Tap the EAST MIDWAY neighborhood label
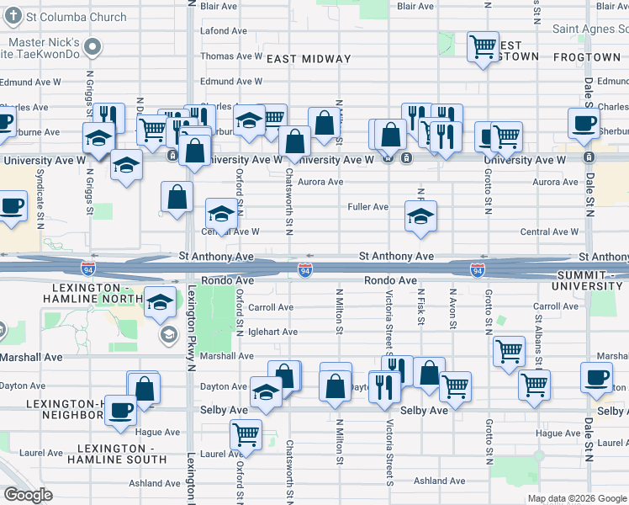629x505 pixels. pyautogui.click(x=308, y=59)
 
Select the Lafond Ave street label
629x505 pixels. pyautogui.click(x=224, y=31)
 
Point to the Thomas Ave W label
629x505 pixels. pyautogui.click(x=231, y=56)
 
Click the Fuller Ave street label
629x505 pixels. pyautogui.click(x=368, y=206)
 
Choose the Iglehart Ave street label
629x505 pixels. pyautogui.click(x=272, y=332)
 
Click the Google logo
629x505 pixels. pyautogui.click(x=29, y=496)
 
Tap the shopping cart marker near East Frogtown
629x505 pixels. pyautogui.click(x=483, y=46)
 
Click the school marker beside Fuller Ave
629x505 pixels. pyautogui.click(x=420, y=215)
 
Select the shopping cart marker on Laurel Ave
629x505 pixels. pyautogui.click(x=246, y=434)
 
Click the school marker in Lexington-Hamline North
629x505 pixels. pyautogui.click(x=160, y=302)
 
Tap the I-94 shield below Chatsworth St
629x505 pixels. pyautogui.click(x=306, y=269)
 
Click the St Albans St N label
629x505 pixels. pyautogui.click(x=537, y=332)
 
